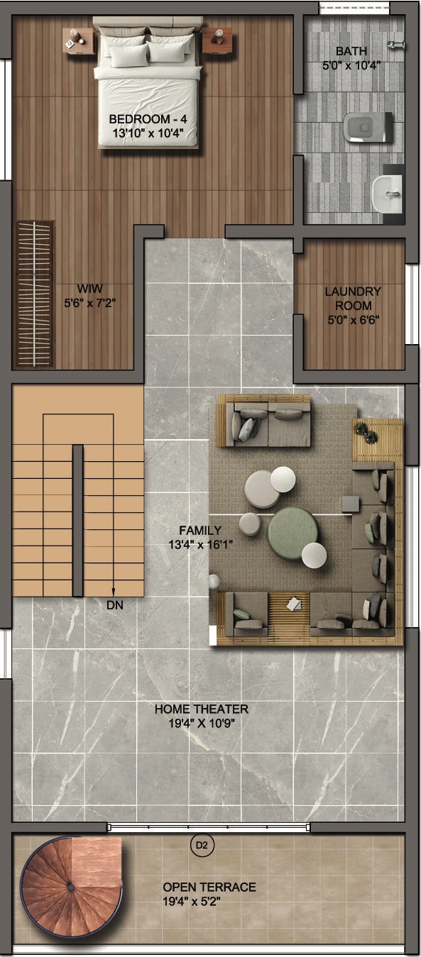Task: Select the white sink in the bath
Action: coord(387,191)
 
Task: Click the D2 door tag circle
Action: coord(202,845)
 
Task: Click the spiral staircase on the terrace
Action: coord(71,886)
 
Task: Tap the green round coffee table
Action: coord(294,532)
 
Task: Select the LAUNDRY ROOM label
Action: coord(353,299)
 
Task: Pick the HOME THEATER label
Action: coord(202,709)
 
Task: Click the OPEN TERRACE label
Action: coord(209,887)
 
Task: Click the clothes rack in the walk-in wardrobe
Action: coord(35,294)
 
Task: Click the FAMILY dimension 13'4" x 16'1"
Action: coord(200,544)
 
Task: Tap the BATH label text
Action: coord(351,51)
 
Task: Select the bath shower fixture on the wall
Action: coord(396,45)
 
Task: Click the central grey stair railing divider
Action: coord(77,520)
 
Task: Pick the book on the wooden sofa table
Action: coord(294,604)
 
